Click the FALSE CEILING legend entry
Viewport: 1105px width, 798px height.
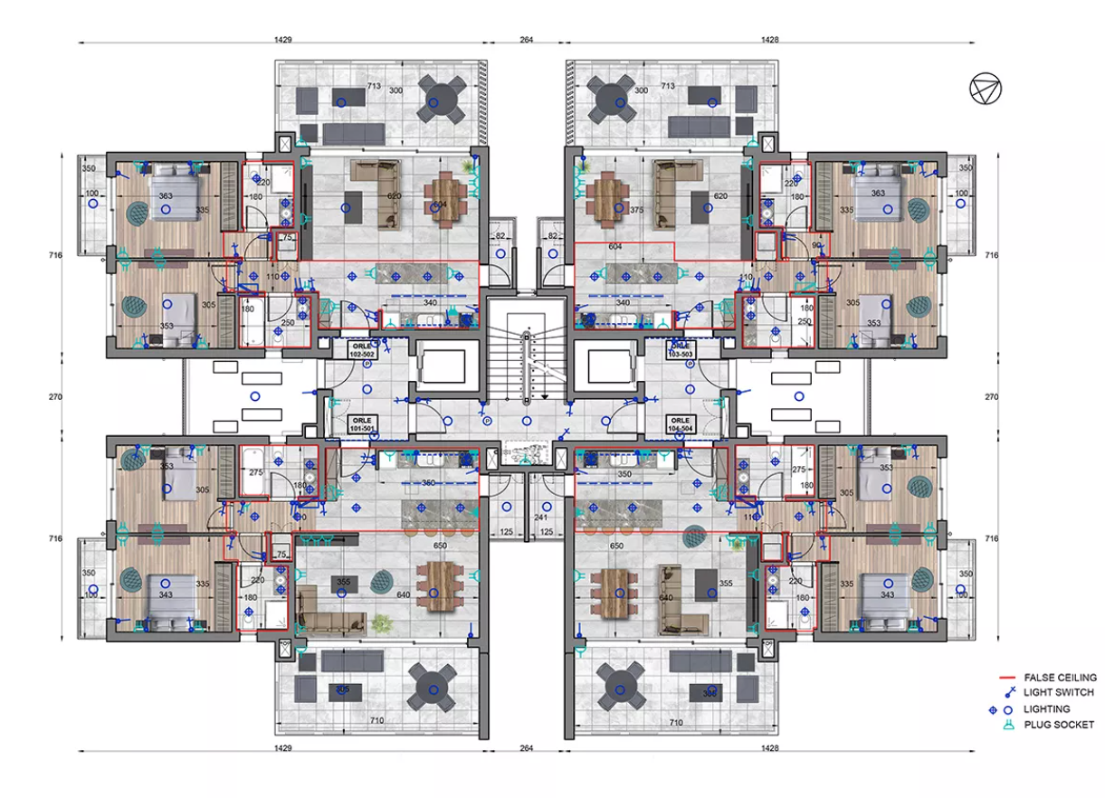click(x=1060, y=677)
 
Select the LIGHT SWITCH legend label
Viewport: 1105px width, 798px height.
click(x=1059, y=692)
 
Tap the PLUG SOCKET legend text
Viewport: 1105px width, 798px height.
click(x=1059, y=725)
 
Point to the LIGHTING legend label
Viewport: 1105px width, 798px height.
click(x=1047, y=708)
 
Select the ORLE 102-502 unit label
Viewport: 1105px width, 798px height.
click(x=362, y=350)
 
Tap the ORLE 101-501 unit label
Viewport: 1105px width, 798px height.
click(x=362, y=424)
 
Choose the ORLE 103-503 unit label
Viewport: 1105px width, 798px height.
click(x=681, y=350)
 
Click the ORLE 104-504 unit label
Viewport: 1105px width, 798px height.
click(x=681, y=424)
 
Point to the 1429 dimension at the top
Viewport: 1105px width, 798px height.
click(x=282, y=39)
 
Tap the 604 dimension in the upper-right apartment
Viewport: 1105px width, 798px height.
click(x=615, y=246)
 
